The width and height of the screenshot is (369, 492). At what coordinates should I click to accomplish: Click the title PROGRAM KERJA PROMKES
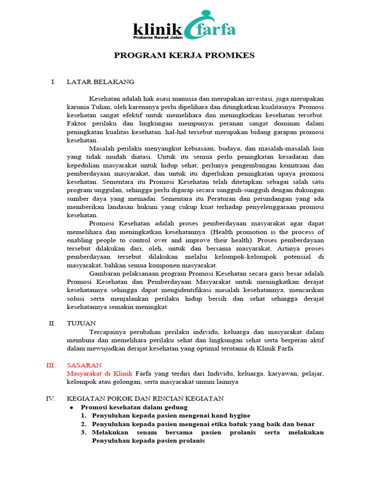[x=184, y=56]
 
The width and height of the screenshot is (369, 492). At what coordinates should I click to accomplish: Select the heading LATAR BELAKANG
[x=100, y=82]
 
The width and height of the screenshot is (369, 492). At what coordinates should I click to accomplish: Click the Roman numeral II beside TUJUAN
[x=52, y=323]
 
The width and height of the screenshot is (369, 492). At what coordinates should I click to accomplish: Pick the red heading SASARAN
[x=84, y=365]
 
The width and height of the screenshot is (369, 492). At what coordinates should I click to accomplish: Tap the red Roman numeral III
[x=51, y=365]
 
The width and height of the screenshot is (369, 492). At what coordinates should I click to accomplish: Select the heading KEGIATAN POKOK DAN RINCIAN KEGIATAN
[x=145, y=398]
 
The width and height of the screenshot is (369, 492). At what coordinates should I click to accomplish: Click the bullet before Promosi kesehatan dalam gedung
[x=71, y=407]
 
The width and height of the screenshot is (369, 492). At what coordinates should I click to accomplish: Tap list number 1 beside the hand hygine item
[x=83, y=416]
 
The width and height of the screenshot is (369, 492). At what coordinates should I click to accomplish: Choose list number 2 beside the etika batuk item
[x=83, y=424]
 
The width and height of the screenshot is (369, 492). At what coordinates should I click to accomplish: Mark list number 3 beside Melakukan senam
[x=83, y=432]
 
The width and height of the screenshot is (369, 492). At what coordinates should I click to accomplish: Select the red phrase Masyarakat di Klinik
[x=100, y=373]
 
